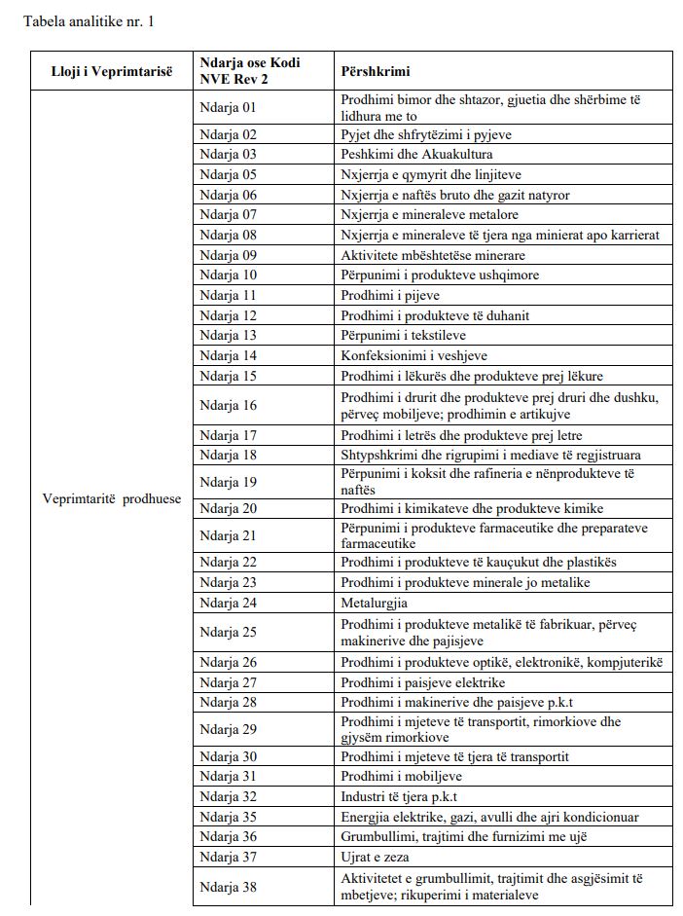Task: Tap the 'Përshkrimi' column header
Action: (x=376, y=71)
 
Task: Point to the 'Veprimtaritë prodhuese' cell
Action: (x=112, y=498)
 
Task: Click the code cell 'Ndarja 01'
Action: (x=229, y=107)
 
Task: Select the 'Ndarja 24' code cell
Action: (x=229, y=603)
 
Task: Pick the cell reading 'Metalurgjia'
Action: (x=375, y=603)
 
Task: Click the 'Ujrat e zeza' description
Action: (x=375, y=857)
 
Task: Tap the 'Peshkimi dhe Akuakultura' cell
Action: (x=416, y=154)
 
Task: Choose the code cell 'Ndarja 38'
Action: (x=229, y=887)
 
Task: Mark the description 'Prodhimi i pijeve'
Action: (x=390, y=295)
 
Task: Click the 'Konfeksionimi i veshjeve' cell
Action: (x=413, y=356)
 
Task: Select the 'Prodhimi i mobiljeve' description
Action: (x=401, y=776)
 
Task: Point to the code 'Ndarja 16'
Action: (x=229, y=406)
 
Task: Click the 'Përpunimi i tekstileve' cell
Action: (x=404, y=336)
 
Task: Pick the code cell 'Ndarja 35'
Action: (x=229, y=817)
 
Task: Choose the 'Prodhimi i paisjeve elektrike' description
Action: (x=423, y=682)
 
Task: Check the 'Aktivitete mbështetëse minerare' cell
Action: (x=433, y=255)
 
